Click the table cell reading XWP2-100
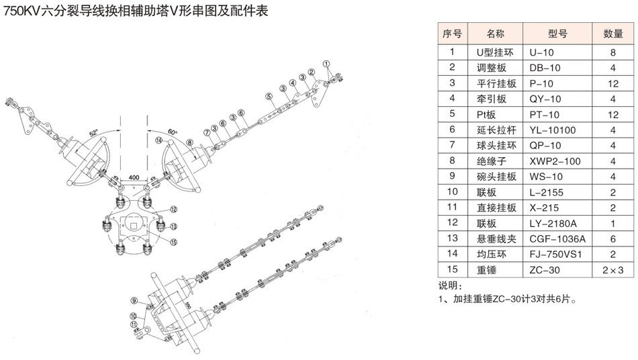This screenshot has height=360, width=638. [555, 161]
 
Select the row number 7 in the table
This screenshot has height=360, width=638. [453, 145]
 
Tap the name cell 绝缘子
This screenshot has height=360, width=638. [490, 161]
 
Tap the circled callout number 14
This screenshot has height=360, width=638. [158, 140]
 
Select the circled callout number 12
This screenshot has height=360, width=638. [173, 210]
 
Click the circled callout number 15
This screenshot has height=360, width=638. [174, 242]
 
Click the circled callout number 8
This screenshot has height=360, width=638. [190, 142]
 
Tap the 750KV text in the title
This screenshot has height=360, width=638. [21, 11]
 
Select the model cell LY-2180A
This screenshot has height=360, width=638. [555, 222]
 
